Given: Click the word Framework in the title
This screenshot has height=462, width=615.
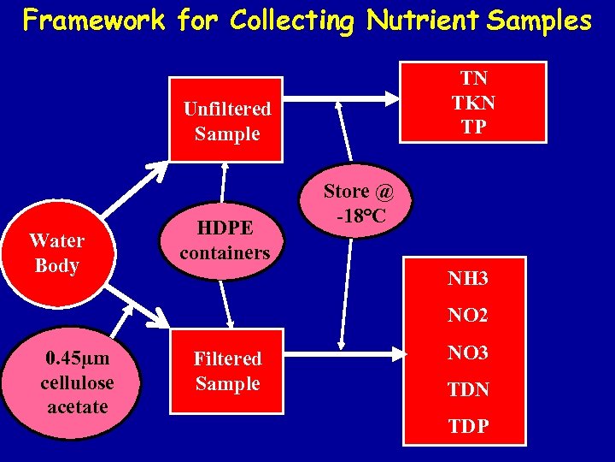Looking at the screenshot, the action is (94, 20).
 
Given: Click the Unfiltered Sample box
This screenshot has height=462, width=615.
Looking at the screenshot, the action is (226, 121).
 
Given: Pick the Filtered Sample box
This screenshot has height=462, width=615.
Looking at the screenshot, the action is (226, 370).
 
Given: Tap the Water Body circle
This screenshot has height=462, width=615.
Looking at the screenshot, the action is (56, 253).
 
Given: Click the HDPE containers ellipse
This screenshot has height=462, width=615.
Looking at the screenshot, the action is (225, 240).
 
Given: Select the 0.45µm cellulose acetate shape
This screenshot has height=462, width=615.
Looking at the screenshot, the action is (77, 382).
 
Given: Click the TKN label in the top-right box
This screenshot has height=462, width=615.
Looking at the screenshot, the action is (474, 103).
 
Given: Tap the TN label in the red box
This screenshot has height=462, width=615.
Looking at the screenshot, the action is (474, 79).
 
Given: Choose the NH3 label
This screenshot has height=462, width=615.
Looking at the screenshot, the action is (468, 278).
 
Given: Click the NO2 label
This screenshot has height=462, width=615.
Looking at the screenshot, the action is (468, 316).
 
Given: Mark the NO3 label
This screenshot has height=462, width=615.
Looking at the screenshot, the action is (468, 352).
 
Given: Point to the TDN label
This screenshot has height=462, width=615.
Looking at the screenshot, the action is (468, 389).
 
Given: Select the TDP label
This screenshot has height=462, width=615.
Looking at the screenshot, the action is (468, 426).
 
